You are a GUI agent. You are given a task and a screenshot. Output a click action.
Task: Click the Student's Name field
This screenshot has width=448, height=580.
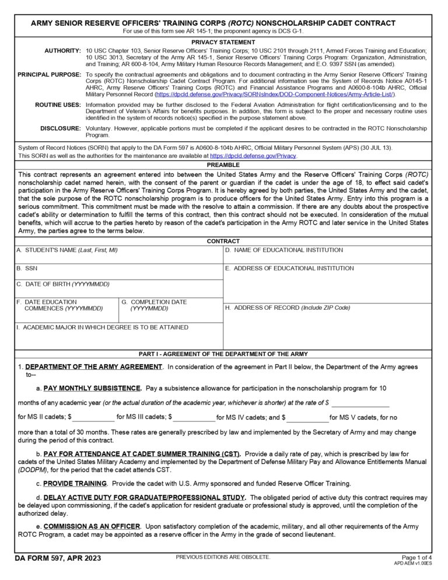[x=118, y=258]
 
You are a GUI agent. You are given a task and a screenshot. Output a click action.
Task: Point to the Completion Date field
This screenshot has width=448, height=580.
[x=170, y=315]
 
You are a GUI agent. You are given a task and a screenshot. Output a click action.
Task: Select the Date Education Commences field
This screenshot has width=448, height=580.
[x=66, y=315]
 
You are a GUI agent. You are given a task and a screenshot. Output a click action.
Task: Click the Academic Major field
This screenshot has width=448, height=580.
[x=118, y=340]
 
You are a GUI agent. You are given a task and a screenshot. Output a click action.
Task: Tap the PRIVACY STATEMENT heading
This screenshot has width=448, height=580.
[x=223, y=42]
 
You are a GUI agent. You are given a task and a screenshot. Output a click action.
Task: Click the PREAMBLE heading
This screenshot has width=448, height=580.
[x=223, y=165]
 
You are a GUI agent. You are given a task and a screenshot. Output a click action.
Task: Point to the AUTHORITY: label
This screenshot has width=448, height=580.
[x=62, y=51]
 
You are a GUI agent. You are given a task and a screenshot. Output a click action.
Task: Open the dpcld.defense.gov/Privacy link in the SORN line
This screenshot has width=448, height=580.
[x=253, y=156]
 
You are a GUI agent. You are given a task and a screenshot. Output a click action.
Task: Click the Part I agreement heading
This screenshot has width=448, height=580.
[x=223, y=354]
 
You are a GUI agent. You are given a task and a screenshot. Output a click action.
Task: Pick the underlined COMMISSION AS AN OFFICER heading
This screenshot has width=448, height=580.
[x=92, y=526]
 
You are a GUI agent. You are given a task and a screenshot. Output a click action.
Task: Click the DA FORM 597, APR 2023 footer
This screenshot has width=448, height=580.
[x=58, y=558]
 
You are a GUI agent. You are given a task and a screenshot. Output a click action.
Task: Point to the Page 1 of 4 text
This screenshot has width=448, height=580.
[x=417, y=558]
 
